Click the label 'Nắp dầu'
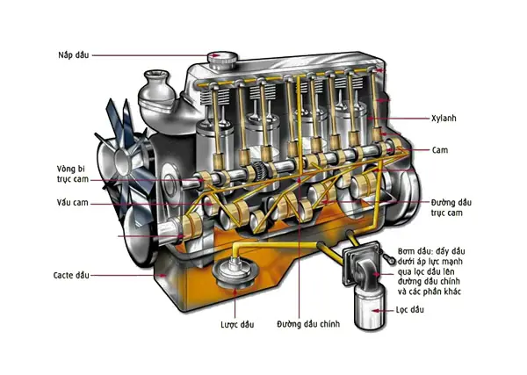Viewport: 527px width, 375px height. click(x=68, y=54)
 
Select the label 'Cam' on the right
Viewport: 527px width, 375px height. click(x=441, y=150)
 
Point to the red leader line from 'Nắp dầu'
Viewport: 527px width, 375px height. click(x=149, y=54)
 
